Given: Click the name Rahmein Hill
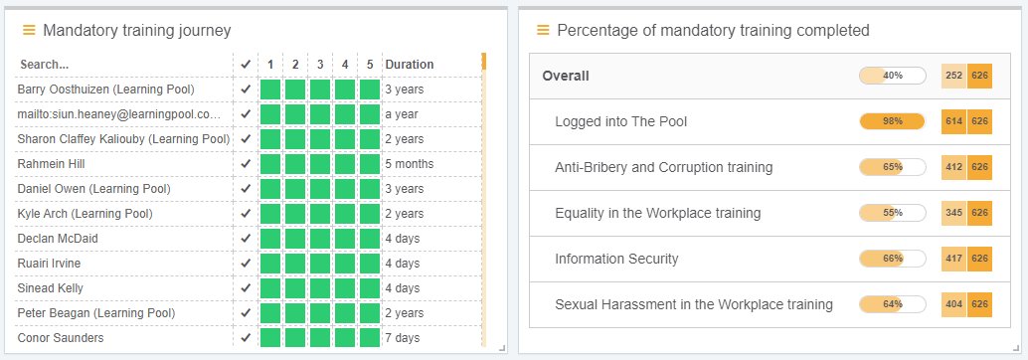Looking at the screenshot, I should click(x=52, y=164).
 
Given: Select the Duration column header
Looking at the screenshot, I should click(x=410, y=65).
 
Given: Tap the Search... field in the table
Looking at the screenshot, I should click(x=44, y=65).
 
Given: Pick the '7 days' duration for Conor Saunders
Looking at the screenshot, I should click(x=404, y=338).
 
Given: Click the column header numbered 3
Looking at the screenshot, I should click(x=320, y=65).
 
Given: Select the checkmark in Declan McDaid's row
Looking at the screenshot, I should click(x=246, y=239).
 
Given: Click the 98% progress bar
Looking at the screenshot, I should click(x=892, y=121).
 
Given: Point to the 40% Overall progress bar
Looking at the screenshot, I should click(x=892, y=76).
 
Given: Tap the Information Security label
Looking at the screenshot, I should click(x=616, y=259).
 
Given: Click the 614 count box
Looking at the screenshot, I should click(x=954, y=121).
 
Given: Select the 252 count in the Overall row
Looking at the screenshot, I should click(x=954, y=76).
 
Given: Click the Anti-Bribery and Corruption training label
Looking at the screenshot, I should click(x=663, y=167).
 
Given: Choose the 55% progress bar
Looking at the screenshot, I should click(x=892, y=213).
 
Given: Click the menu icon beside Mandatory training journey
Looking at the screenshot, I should click(x=29, y=31).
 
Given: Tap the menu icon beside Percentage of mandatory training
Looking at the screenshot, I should click(x=543, y=30).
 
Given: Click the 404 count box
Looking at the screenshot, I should click(x=954, y=304).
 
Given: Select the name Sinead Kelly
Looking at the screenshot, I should click(x=50, y=288).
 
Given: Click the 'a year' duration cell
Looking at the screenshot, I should click(x=402, y=114).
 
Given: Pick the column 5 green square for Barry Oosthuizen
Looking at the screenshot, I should click(x=370, y=90).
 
